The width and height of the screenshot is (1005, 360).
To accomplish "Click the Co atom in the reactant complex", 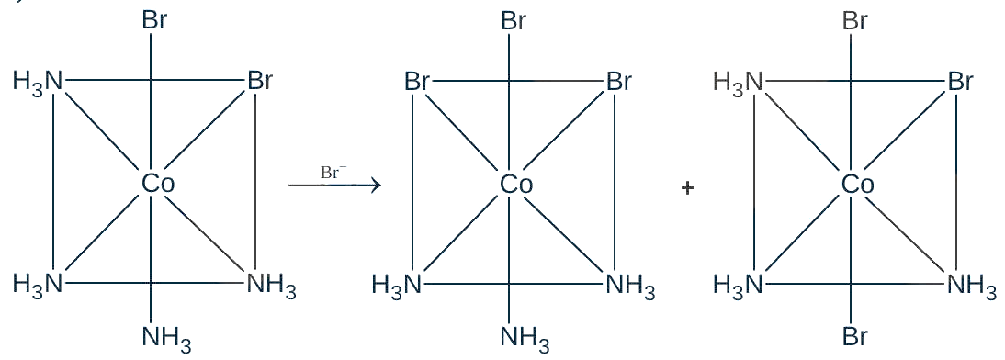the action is tap(158, 184).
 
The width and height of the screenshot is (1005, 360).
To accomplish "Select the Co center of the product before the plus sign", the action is tap(516, 185).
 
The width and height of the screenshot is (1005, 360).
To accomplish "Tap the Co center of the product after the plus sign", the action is tap(858, 185).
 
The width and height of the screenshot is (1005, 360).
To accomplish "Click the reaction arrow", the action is tap(334, 186).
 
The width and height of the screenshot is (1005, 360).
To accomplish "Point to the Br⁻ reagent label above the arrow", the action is tap(333, 172).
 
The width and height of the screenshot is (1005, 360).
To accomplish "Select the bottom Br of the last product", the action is tap(855, 336).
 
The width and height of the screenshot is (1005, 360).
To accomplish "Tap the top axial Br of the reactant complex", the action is tap(154, 20).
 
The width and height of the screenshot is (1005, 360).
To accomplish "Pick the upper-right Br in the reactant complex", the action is tap(260, 82).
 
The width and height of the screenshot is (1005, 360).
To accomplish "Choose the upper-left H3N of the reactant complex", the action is tap(38, 83).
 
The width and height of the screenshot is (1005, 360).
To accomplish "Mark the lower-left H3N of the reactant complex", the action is tap(38, 283).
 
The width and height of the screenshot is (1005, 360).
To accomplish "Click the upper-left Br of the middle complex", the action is tap(417, 82).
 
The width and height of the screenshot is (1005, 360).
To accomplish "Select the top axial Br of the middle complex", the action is tap(514, 20).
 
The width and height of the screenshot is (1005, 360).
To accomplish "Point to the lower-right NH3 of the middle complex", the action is tap(631, 285).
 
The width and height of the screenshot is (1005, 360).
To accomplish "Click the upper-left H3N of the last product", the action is tap(739, 83).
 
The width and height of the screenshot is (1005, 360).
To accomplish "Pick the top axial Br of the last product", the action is tap(855, 20).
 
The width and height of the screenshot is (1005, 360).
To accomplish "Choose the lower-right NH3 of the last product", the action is tap(972, 285).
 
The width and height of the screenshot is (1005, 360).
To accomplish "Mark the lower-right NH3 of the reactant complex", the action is tap(272, 285).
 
